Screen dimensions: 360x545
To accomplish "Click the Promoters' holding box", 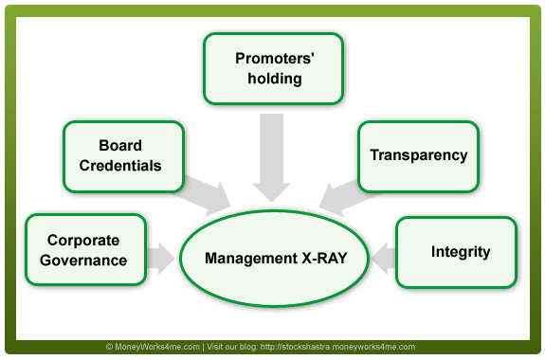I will (x=268, y=69).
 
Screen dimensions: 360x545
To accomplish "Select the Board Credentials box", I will (x=121, y=156).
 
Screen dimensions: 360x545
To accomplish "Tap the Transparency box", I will (x=418, y=155).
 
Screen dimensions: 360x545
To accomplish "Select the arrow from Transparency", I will (x=342, y=192).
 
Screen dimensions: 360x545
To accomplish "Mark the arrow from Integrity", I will (x=382, y=254).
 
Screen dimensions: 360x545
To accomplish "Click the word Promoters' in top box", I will (x=268, y=59).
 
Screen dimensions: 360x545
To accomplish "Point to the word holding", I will (x=268, y=79).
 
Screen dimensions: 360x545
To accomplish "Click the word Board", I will (x=120, y=147).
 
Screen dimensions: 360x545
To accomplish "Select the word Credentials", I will (x=121, y=166).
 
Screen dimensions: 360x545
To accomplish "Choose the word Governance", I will (x=87, y=260).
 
